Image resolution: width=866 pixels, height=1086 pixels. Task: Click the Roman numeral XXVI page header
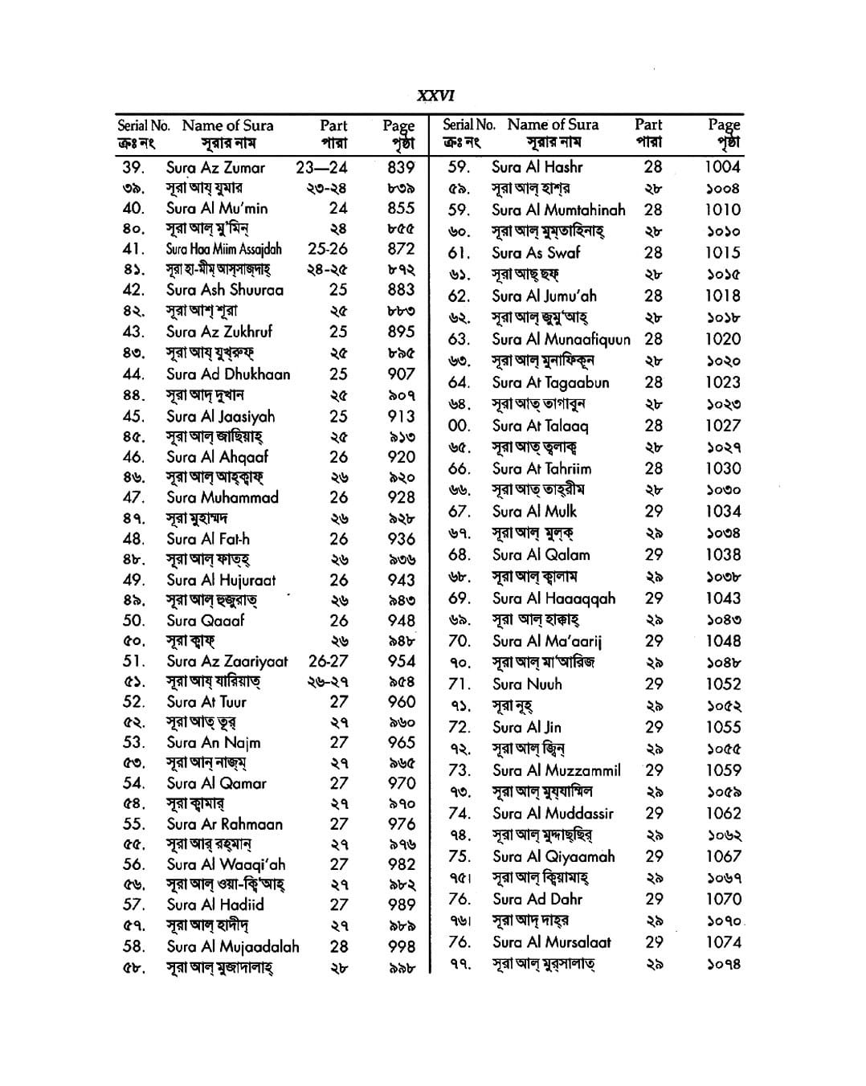pyautogui.click(x=435, y=96)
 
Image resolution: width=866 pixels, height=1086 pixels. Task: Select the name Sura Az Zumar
pyautogui.click(x=215, y=168)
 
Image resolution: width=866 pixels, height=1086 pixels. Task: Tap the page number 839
pyautogui.click(x=400, y=168)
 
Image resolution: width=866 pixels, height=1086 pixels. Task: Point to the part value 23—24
pyautogui.click(x=322, y=168)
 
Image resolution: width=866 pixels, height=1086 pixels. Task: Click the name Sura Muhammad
pyautogui.click(x=223, y=497)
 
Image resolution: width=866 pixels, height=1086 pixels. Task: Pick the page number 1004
pyautogui.click(x=722, y=167)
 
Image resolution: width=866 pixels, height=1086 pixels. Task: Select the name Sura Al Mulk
pyautogui.click(x=534, y=512)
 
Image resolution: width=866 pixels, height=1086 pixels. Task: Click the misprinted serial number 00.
pyautogui.click(x=459, y=426)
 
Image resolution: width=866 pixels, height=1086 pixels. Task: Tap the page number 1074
pyautogui.click(x=723, y=942)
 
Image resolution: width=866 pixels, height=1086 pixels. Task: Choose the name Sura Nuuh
pyautogui.click(x=527, y=684)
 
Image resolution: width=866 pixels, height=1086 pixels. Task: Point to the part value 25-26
pyautogui.click(x=328, y=249)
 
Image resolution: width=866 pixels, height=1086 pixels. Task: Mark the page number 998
pyautogui.click(x=400, y=947)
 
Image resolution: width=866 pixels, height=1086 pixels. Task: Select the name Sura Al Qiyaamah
pyautogui.click(x=554, y=856)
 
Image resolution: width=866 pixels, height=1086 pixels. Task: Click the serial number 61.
pyautogui.click(x=459, y=253)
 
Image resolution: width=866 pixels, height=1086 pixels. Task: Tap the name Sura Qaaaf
pyautogui.click(x=206, y=620)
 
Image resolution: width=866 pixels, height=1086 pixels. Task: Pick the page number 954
pyautogui.click(x=401, y=661)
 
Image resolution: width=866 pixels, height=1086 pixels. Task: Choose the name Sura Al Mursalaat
pyautogui.click(x=551, y=942)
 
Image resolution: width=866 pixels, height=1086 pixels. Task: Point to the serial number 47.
pyautogui.click(x=133, y=497)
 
